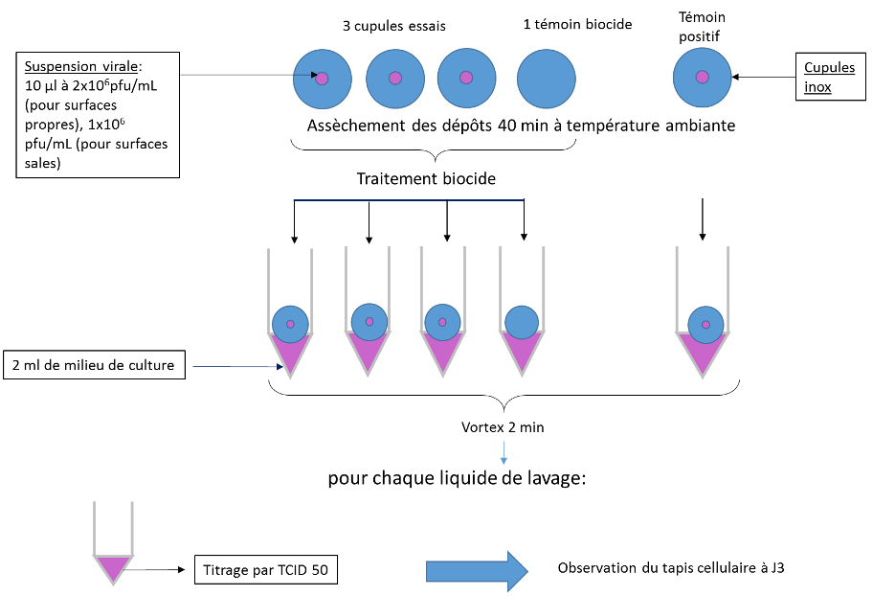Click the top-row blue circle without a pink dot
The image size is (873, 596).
pyautogui.click(x=547, y=79)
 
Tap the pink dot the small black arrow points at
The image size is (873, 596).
pyautogui.click(x=322, y=79)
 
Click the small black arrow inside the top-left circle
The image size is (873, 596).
pyautogui.click(x=304, y=74)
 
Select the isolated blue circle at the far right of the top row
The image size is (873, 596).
pyautogui.click(x=702, y=78)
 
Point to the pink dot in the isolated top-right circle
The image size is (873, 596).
pyautogui.click(x=702, y=77)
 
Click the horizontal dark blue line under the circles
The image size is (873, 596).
pyautogui.click(x=408, y=200)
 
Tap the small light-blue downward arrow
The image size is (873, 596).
pyautogui.click(x=504, y=453)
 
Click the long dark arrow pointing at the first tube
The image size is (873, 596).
pyautogui.click(x=239, y=366)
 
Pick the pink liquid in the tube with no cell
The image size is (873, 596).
pyautogui.click(x=113, y=567)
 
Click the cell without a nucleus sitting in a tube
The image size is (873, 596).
pyautogui.click(x=522, y=322)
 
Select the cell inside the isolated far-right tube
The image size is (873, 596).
pyautogui.click(x=705, y=325)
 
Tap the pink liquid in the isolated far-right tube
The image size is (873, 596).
pyautogui.click(x=703, y=355)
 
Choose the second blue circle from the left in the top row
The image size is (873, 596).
pyautogui.click(x=395, y=79)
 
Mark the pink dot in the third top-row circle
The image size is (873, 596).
pyautogui.click(x=466, y=78)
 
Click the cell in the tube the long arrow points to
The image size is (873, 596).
pyautogui.click(x=290, y=324)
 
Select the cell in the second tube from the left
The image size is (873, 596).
pyautogui.click(x=369, y=322)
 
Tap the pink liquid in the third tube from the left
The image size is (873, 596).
pyautogui.click(x=442, y=353)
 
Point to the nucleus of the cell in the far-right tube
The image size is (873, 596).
pyautogui.click(x=705, y=325)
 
